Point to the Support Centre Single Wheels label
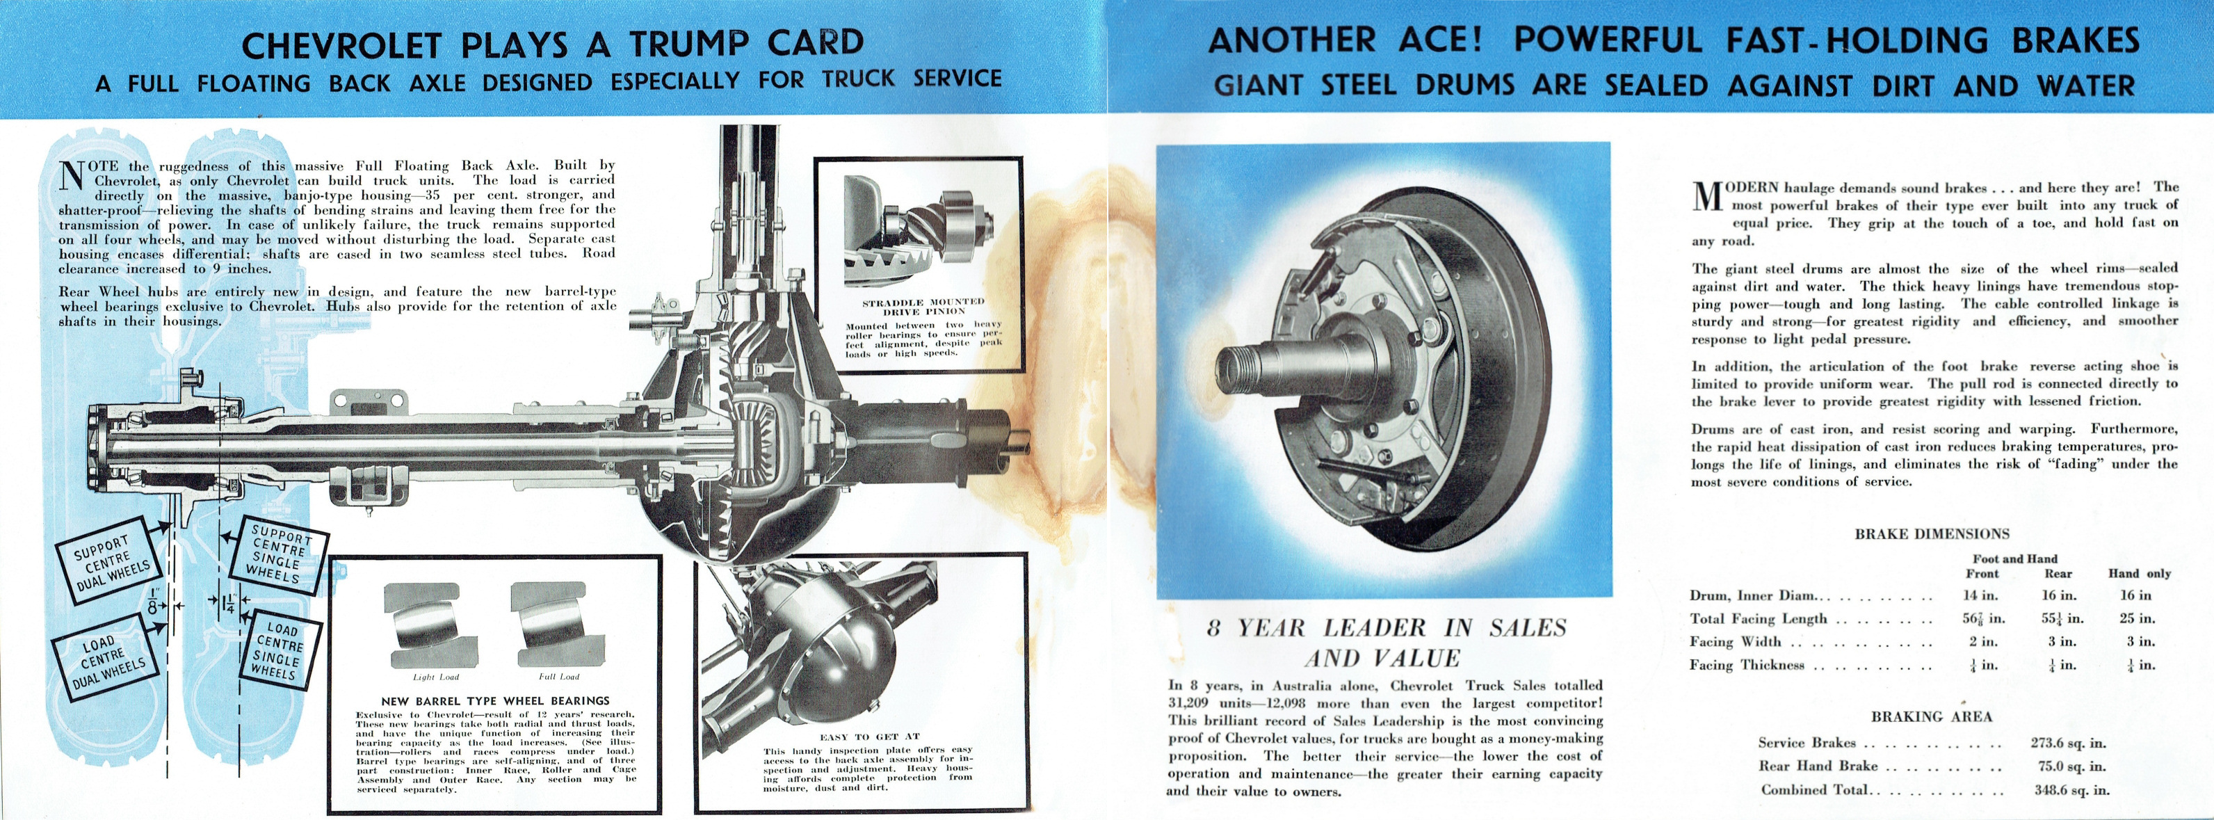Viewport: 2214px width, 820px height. [277, 554]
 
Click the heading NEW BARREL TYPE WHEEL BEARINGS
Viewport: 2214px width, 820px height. [495, 700]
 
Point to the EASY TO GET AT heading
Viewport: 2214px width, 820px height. [870, 737]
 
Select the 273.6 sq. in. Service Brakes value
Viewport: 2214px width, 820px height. [2067, 743]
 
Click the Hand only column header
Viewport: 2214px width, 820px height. [2139, 573]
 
